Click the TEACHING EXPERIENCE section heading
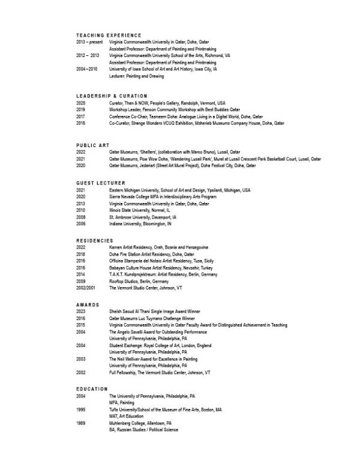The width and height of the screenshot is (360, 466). (109, 35)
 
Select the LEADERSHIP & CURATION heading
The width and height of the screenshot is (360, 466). (112, 96)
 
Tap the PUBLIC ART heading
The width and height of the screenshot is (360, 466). (94, 146)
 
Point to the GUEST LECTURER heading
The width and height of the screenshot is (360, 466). (101, 183)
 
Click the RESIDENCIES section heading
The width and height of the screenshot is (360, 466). (95, 240)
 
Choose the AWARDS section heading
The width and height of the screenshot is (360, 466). (88, 304)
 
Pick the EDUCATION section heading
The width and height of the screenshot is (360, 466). (92, 389)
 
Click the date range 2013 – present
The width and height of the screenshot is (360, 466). (89, 42)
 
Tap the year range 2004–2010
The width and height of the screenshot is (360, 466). (87, 69)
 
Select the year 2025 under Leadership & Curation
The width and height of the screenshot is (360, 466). (81, 103)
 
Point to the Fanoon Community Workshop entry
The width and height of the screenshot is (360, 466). (174, 110)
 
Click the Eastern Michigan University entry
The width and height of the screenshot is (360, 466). (179, 190)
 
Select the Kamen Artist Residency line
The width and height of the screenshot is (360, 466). (158, 247)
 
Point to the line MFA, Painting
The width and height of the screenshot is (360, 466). (122, 402)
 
